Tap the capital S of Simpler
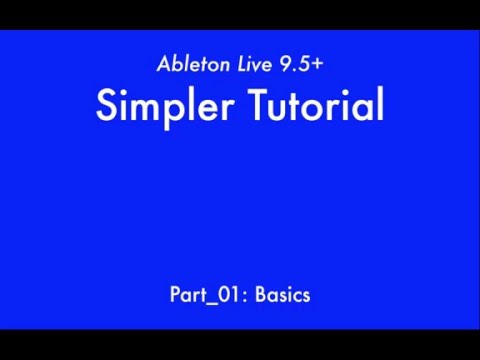tap(106, 104)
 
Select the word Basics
tap(282, 295)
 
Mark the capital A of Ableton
tap(165, 65)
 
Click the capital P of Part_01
tap(174, 295)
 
